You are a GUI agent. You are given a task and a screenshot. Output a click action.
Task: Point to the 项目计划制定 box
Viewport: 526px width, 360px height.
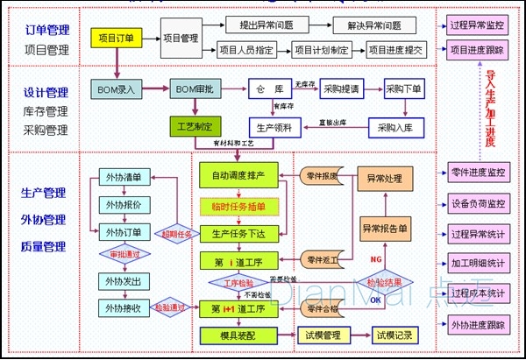321,50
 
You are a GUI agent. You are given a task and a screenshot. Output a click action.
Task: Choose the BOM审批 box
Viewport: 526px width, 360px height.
195,88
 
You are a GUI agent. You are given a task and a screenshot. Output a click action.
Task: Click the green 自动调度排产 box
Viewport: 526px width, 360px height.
238,177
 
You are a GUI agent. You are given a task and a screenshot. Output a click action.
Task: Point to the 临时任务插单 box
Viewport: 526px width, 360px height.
238,207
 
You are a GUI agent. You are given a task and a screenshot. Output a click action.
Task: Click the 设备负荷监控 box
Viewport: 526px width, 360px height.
478,203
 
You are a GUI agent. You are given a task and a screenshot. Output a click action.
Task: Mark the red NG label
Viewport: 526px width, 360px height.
375,261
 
